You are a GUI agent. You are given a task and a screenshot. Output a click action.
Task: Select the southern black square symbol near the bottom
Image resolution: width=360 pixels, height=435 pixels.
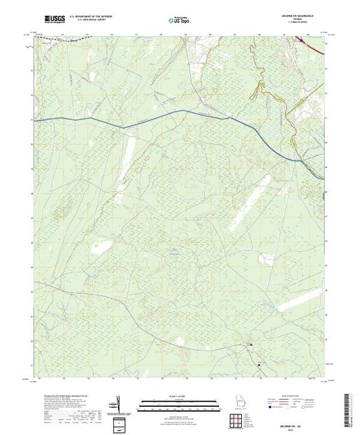click(x=260, y=363)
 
